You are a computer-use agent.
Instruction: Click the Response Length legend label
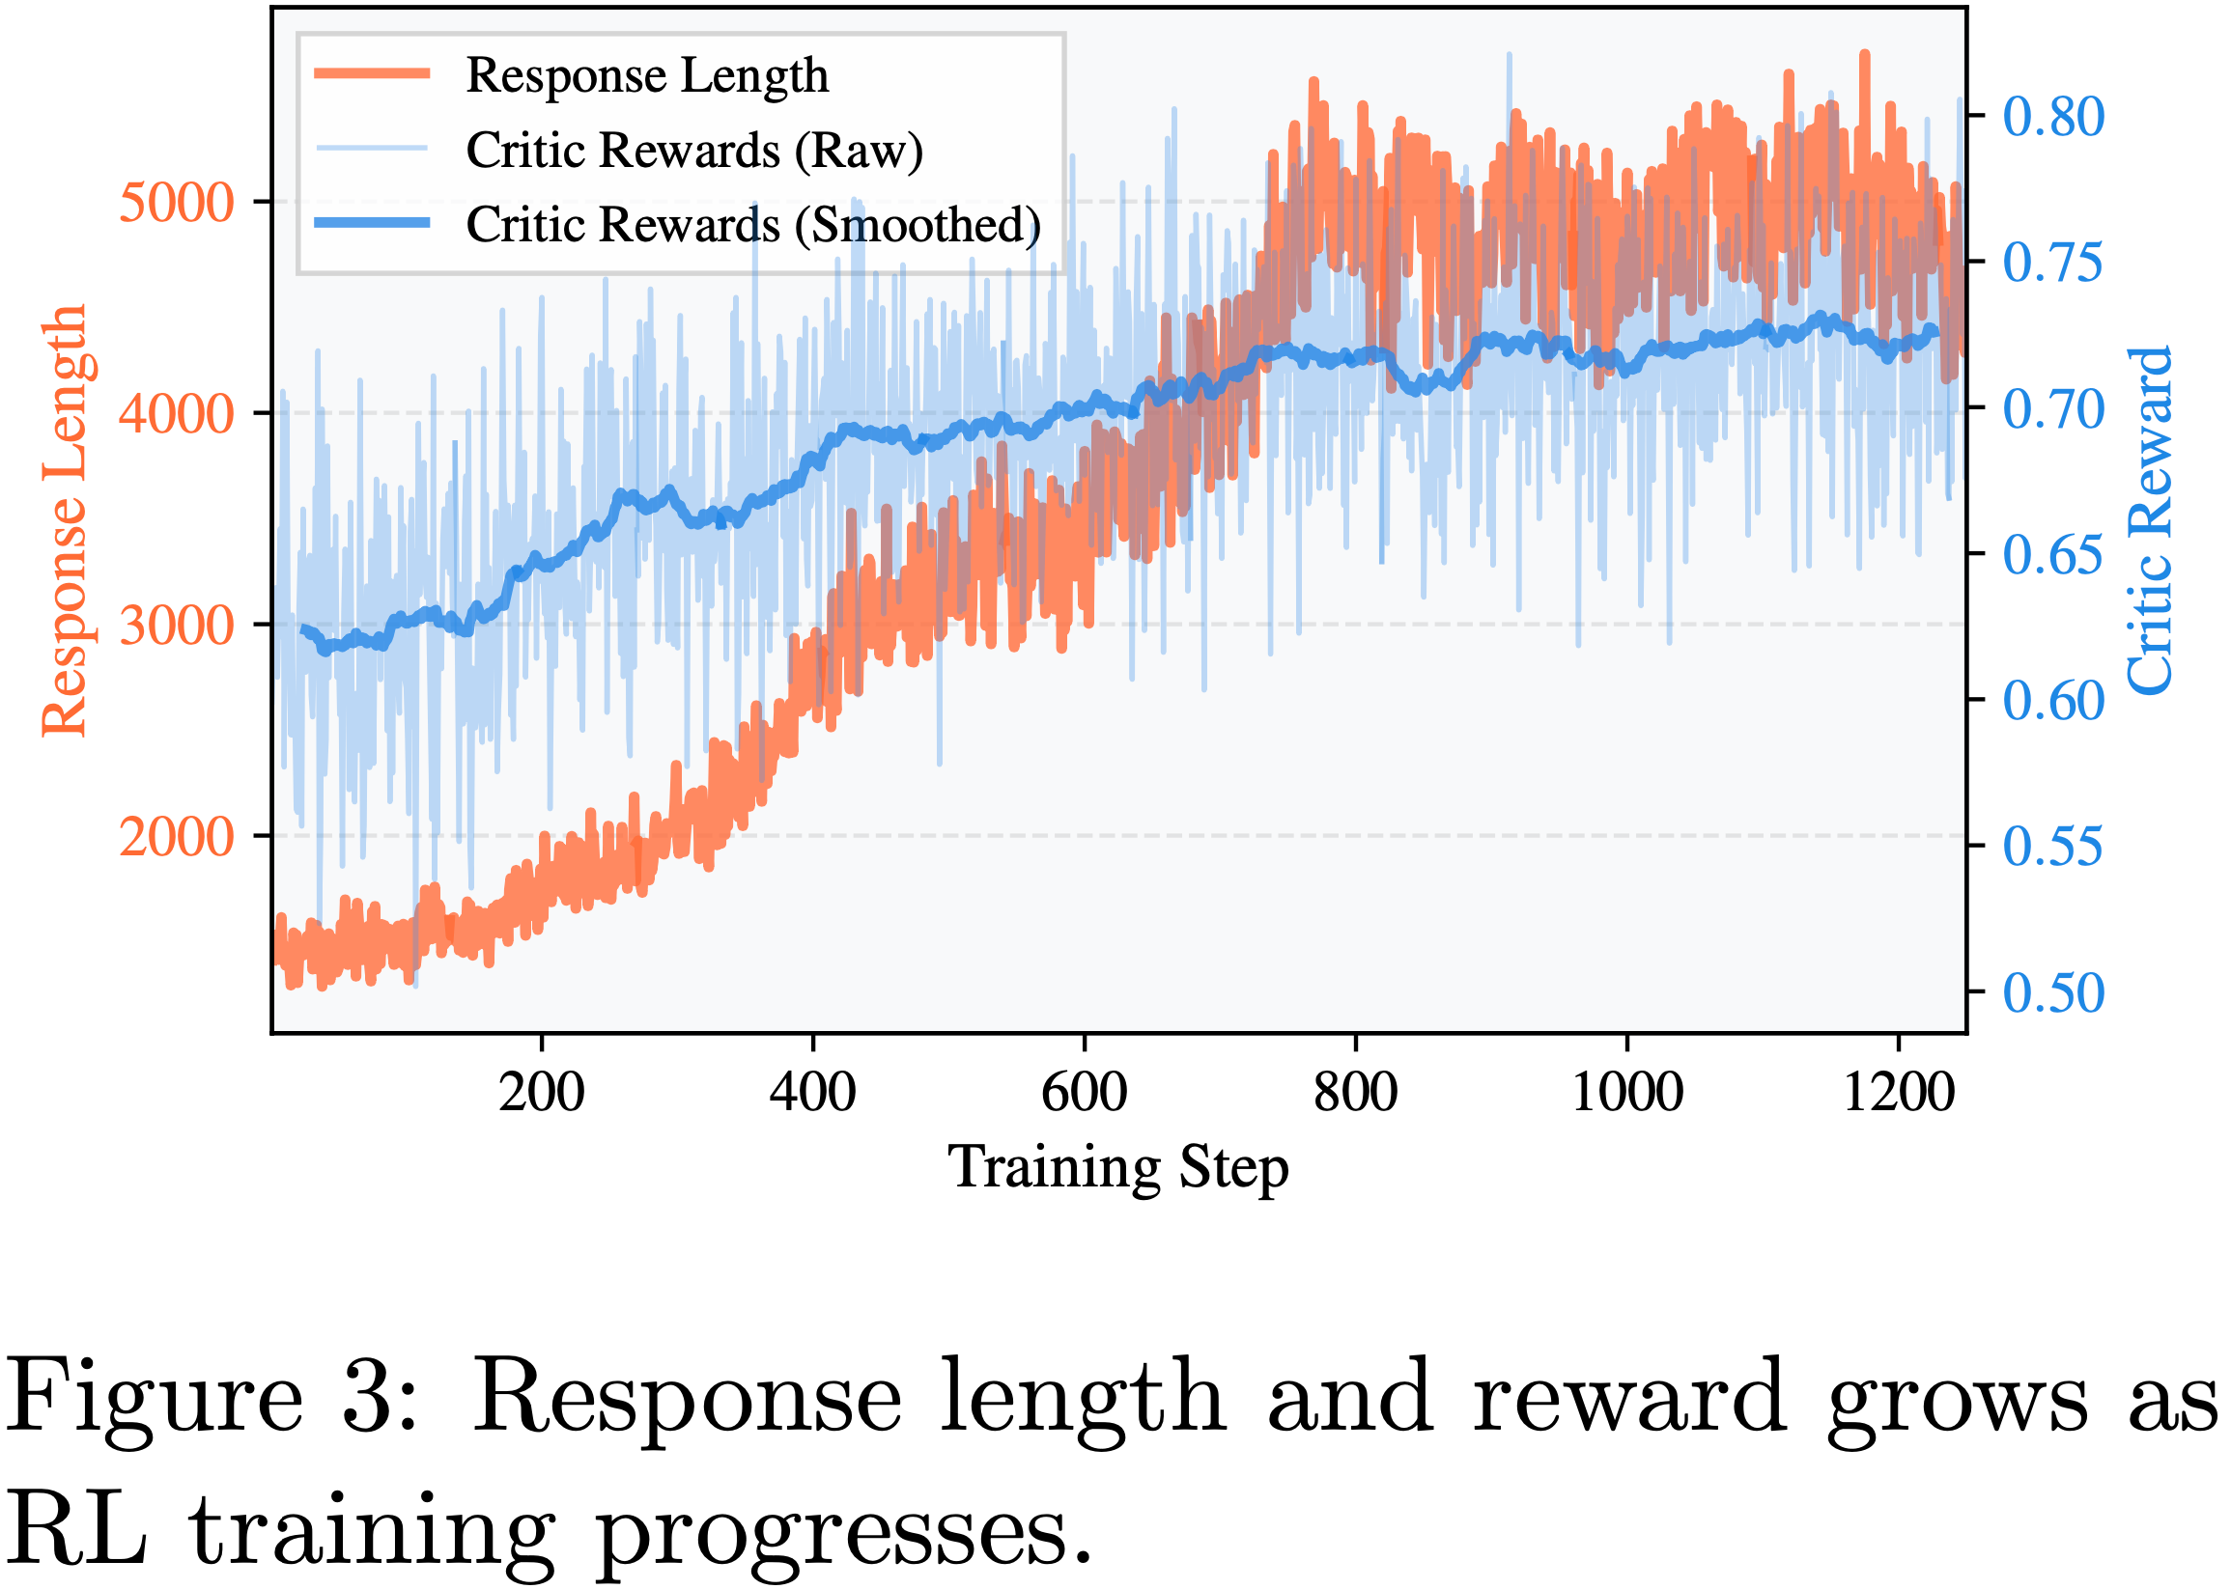pos(646,76)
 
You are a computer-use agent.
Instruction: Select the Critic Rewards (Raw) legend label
pos(694,151)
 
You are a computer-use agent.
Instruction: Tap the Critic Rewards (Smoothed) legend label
pos(751,225)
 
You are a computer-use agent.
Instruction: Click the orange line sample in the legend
pos(372,73)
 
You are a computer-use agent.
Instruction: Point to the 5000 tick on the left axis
pos(176,203)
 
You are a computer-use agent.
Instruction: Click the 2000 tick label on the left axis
pos(176,837)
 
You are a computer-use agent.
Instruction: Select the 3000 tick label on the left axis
pos(176,625)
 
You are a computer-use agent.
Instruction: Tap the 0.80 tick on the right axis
pos(2053,118)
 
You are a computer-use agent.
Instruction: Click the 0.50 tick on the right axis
pos(2053,993)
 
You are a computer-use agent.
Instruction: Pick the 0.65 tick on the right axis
pos(2053,555)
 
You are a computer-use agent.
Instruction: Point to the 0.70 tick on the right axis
pos(2053,409)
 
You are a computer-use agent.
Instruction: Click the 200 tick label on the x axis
pos(542,1093)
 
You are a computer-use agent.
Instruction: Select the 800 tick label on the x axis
pos(1356,1093)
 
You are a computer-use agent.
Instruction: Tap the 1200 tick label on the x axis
pos(1899,1093)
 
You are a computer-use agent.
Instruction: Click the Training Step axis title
pos(1118,1167)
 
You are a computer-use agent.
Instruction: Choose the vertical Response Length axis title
pos(65,519)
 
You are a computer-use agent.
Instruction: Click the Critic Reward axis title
pos(2150,519)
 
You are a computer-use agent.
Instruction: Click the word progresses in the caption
pos(842,1531)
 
